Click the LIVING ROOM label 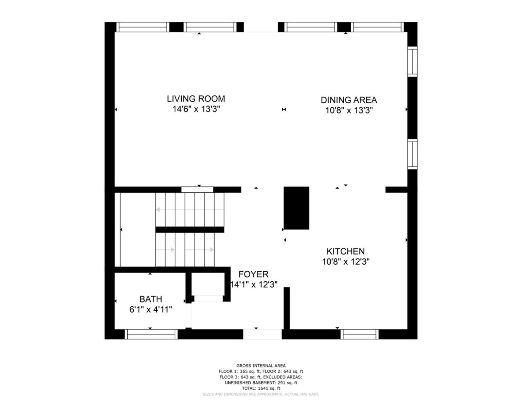196,99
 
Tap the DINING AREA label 349,100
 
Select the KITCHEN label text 346,251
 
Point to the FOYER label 253,274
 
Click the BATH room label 151,299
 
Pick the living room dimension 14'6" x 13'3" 196,109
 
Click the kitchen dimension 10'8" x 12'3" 346,262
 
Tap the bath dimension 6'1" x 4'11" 151,310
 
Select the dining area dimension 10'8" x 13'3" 349,110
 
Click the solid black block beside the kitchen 296,208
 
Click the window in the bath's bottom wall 151,334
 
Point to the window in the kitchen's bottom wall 359,334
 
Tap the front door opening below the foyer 263,334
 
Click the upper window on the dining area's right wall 412,62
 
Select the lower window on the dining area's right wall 412,154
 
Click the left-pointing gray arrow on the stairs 190,210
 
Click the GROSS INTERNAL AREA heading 261,366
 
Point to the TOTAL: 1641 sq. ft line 261,388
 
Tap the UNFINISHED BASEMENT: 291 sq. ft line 261,383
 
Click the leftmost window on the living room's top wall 143,27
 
